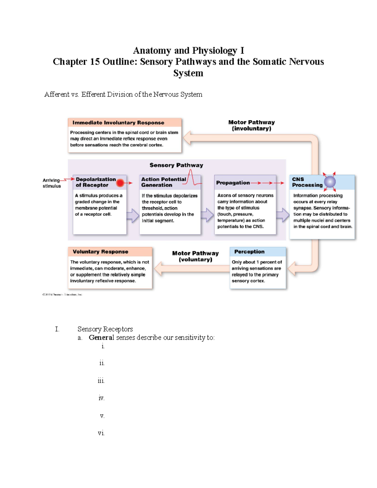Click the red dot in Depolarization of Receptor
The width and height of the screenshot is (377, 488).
click(x=120, y=183)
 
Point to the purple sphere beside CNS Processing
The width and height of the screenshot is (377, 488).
click(x=330, y=182)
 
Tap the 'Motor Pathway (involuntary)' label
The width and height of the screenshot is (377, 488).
click(x=251, y=125)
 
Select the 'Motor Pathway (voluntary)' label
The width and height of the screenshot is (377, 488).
click(x=195, y=256)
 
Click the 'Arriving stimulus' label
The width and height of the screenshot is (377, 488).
click(x=52, y=183)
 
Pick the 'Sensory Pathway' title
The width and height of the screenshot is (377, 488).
click(x=176, y=165)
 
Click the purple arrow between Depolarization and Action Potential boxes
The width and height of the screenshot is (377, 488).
click(x=133, y=216)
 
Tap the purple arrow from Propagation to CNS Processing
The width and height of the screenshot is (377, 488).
click(x=283, y=215)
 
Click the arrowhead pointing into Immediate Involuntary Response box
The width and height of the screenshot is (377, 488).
click(x=187, y=138)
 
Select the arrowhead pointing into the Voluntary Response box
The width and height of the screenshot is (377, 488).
click(x=158, y=269)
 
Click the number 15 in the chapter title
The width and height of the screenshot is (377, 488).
click(x=95, y=62)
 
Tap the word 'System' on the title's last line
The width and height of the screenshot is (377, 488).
click(x=188, y=73)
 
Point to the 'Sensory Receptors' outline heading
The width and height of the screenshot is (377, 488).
click(x=105, y=329)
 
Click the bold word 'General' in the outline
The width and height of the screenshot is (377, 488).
click(x=101, y=337)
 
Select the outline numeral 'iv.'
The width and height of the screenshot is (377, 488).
click(x=101, y=398)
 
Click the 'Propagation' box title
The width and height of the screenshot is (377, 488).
click(x=233, y=183)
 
